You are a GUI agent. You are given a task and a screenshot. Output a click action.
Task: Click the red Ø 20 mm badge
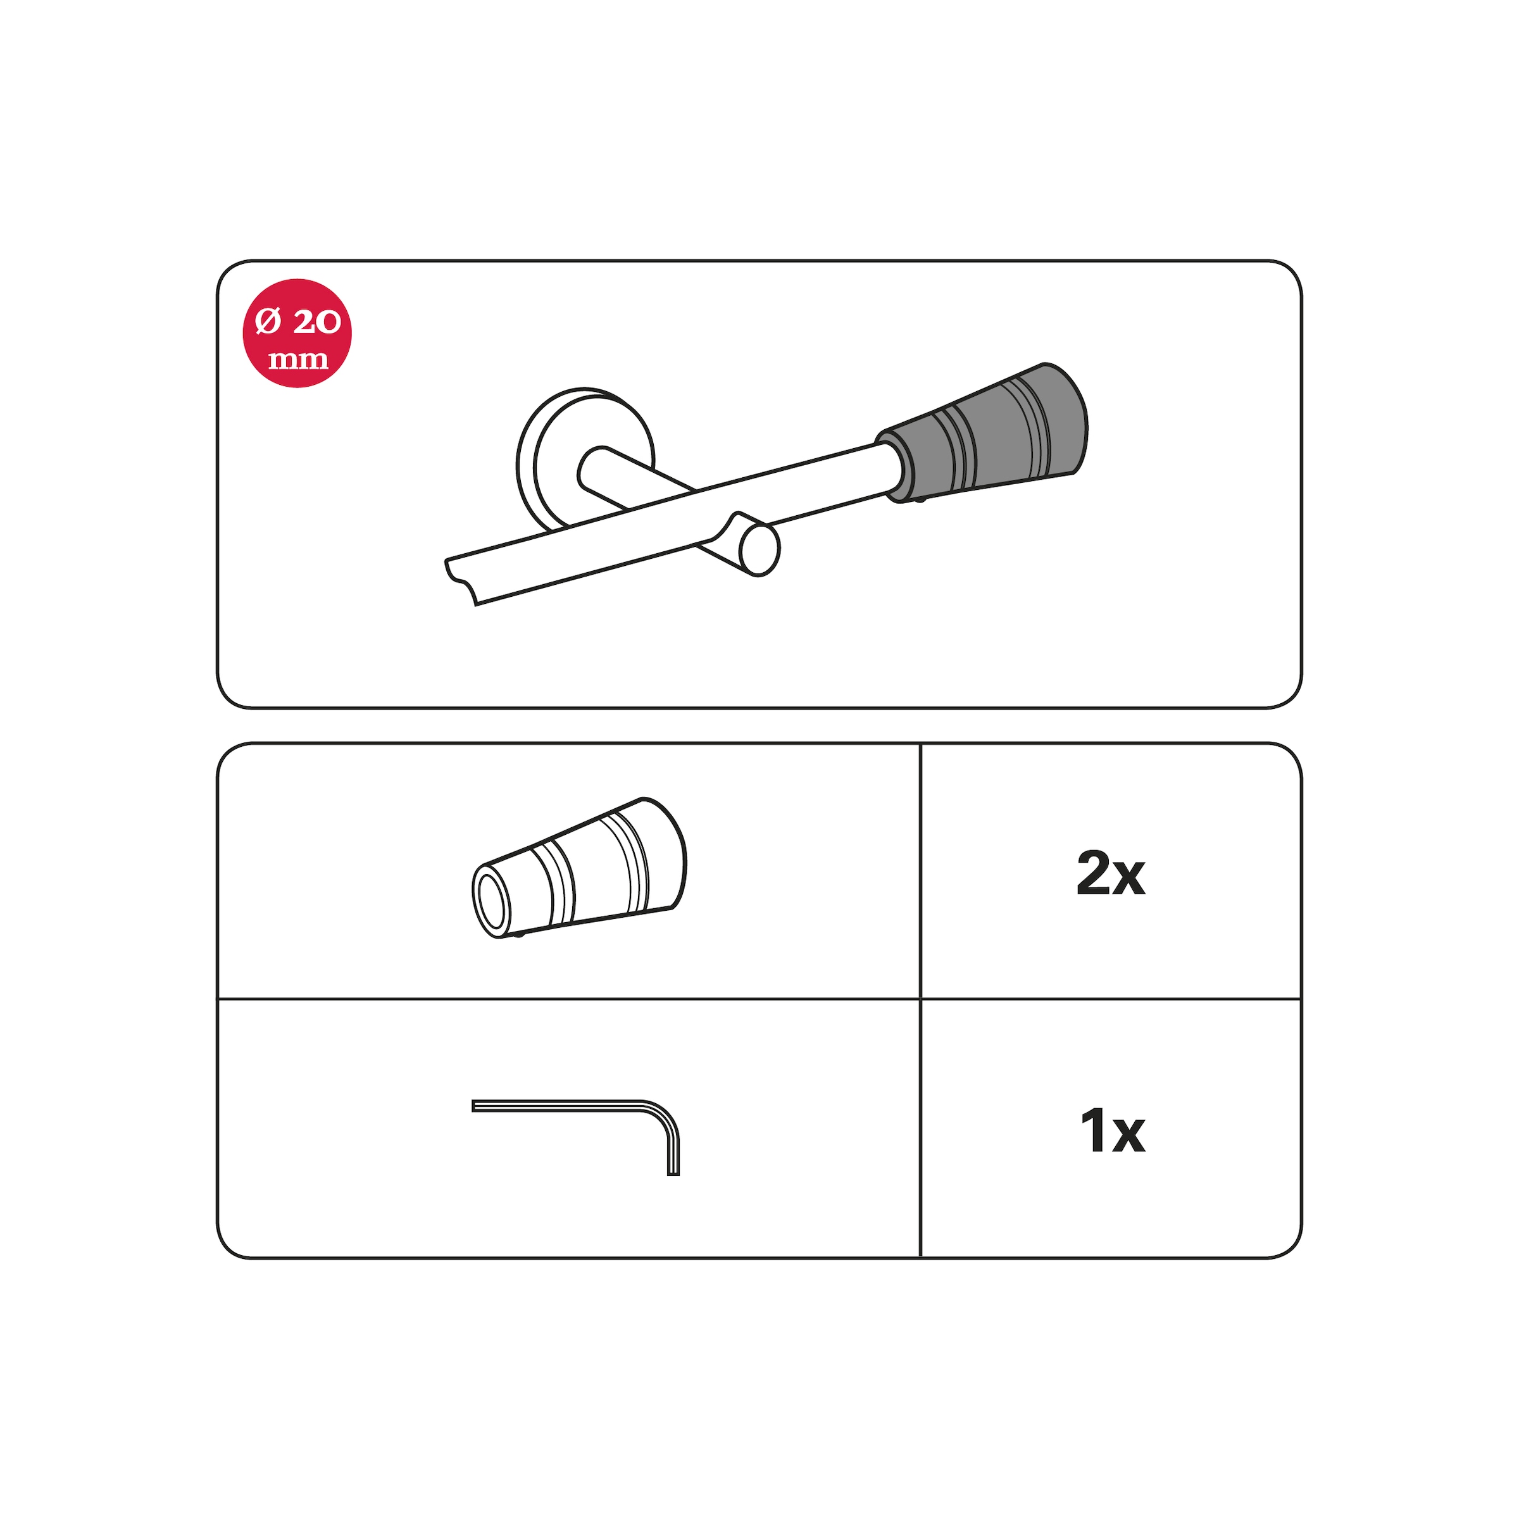[297, 334]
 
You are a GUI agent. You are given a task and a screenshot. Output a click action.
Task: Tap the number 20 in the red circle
[317, 322]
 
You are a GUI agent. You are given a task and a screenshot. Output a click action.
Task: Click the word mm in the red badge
[298, 360]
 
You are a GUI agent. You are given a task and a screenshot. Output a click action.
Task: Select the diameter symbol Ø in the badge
[268, 321]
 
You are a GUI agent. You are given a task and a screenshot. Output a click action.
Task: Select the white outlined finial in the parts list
[580, 869]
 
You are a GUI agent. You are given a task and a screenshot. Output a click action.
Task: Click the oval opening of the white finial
[491, 902]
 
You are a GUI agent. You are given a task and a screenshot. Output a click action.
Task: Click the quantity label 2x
[1110, 873]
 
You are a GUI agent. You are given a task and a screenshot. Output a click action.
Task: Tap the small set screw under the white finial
[518, 935]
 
